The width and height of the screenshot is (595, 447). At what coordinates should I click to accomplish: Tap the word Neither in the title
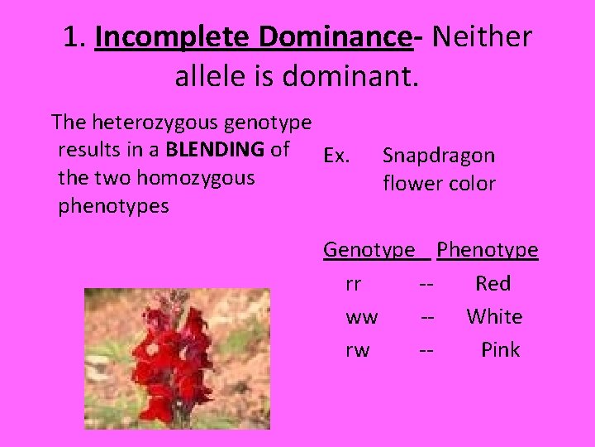[x=482, y=37]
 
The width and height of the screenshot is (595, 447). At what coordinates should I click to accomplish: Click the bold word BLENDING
[x=216, y=150]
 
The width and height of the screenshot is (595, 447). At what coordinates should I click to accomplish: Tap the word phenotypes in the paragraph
[x=113, y=206]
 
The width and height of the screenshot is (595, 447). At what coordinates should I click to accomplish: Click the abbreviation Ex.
[x=338, y=155]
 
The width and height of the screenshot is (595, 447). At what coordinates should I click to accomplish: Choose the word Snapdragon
[x=439, y=156]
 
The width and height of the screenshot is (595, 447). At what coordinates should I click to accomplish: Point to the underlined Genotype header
[x=369, y=250]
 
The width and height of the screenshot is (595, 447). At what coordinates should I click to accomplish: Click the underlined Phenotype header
[x=488, y=250]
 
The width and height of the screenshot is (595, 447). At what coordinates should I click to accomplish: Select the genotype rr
[x=353, y=284]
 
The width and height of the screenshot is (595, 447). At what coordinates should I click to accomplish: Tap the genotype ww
[x=362, y=317]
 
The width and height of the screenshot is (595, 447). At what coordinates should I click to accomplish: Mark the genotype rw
[x=357, y=350]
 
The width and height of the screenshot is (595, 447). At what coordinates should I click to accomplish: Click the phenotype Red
[x=493, y=284]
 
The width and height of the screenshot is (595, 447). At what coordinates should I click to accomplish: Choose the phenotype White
[x=494, y=317]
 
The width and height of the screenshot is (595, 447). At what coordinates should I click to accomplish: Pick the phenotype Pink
[x=501, y=350]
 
